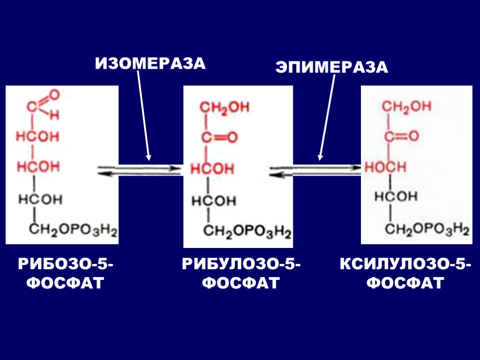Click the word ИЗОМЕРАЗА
(150, 63)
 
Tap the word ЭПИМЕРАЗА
(332, 67)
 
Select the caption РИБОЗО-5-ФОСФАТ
(65, 274)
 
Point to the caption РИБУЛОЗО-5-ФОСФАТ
(242, 274)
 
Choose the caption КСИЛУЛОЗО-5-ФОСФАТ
(405, 274)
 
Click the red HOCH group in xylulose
(385, 166)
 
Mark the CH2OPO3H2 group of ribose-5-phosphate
(73, 230)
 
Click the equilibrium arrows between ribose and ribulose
(140, 170)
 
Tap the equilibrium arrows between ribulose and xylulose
(315, 170)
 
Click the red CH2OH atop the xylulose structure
(406, 107)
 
